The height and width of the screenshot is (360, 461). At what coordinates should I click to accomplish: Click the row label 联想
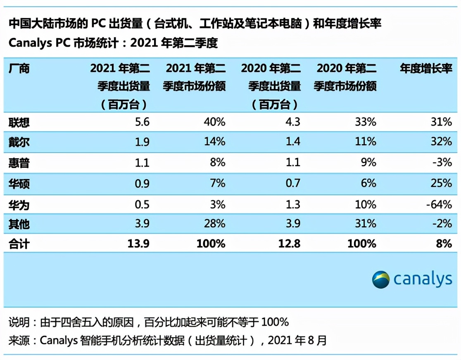(x=19, y=122)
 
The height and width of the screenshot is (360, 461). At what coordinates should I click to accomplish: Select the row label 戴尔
(x=19, y=142)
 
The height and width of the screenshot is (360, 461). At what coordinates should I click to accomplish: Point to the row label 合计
(x=19, y=244)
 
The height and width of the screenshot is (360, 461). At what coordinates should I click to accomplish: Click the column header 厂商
(x=19, y=68)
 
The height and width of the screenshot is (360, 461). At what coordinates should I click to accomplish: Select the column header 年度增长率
(x=426, y=68)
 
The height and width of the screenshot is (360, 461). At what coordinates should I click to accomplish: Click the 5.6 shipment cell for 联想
(x=142, y=122)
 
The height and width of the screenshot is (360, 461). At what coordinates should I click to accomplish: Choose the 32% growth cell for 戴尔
(x=442, y=142)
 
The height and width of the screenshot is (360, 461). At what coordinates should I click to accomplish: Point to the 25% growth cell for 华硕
(x=442, y=183)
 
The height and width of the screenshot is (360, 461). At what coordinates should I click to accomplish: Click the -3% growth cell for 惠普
(x=442, y=163)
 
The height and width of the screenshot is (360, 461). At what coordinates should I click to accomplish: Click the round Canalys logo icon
(x=380, y=279)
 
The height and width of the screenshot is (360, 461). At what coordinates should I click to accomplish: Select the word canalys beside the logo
(x=423, y=279)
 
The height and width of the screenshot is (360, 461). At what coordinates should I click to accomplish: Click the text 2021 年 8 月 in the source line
(x=297, y=341)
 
